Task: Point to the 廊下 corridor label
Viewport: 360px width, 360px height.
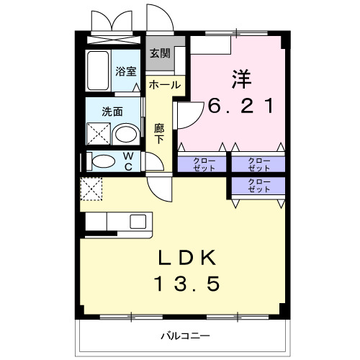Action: pos(159,132)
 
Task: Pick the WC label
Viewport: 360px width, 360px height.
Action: pos(127,161)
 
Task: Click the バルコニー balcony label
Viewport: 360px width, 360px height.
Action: pos(184,336)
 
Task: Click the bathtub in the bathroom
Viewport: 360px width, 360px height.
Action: pos(96,71)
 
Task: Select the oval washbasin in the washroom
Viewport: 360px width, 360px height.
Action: pos(126,135)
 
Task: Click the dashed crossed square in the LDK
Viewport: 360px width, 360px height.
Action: pos(91,189)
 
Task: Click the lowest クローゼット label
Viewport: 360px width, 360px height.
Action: pos(258,185)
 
